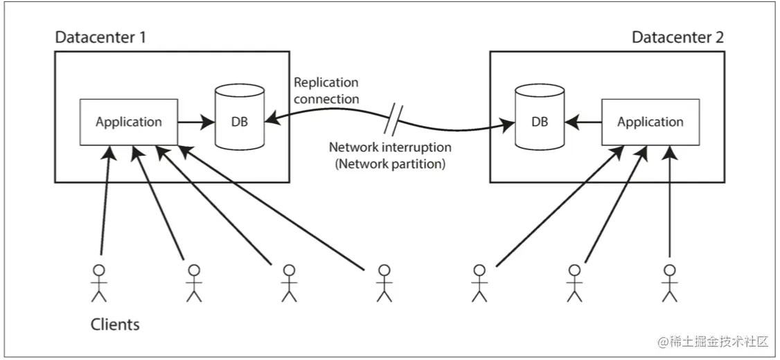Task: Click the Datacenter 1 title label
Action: click(100, 38)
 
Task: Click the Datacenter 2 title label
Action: click(677, 38)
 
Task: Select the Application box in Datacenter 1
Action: click(129, 122)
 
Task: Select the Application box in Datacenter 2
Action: click(650, 122)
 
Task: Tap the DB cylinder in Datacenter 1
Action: click(239, 117)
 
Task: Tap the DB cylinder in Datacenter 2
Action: click(539, 117)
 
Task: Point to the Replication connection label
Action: click(326, 91)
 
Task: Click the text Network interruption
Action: click(391, 147)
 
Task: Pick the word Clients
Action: click(115, 325)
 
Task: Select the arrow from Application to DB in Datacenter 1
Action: click(197, 122)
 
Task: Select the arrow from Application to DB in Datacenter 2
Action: click(583, 122)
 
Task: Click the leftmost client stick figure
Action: click(100, 283)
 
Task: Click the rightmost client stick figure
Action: click(670, 283)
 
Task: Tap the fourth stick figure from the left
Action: click(384, 283)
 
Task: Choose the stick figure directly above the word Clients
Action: click(100, 283)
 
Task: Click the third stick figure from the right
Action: click(479, 283)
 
